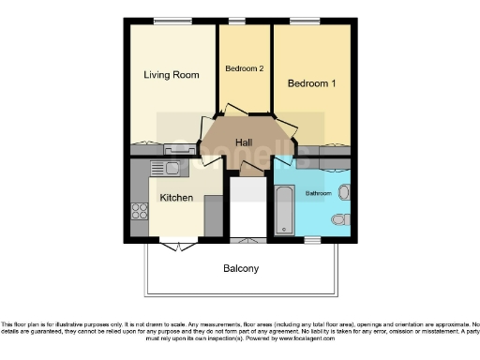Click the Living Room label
coord(171,75)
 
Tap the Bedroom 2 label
coord(244,68)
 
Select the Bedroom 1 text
coord(311,83)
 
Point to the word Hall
coord(244,142)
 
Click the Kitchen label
coord(176,198)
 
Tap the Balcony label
coord(241,268)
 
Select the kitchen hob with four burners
coord(140,214)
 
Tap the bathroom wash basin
coord(343,193)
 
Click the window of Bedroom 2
coord(238,21)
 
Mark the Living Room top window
coord(168,21)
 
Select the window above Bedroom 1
coord(304,21)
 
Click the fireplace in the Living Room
coord(180,149)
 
